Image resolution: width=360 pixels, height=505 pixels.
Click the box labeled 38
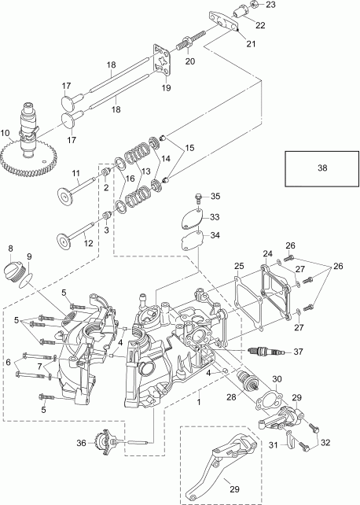pos(314,168)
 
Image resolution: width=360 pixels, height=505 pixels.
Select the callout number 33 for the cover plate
pos(215,217)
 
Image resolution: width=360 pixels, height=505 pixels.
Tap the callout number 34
pos(215,234)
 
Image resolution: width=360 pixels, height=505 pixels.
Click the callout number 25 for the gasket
pos(240,267)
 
